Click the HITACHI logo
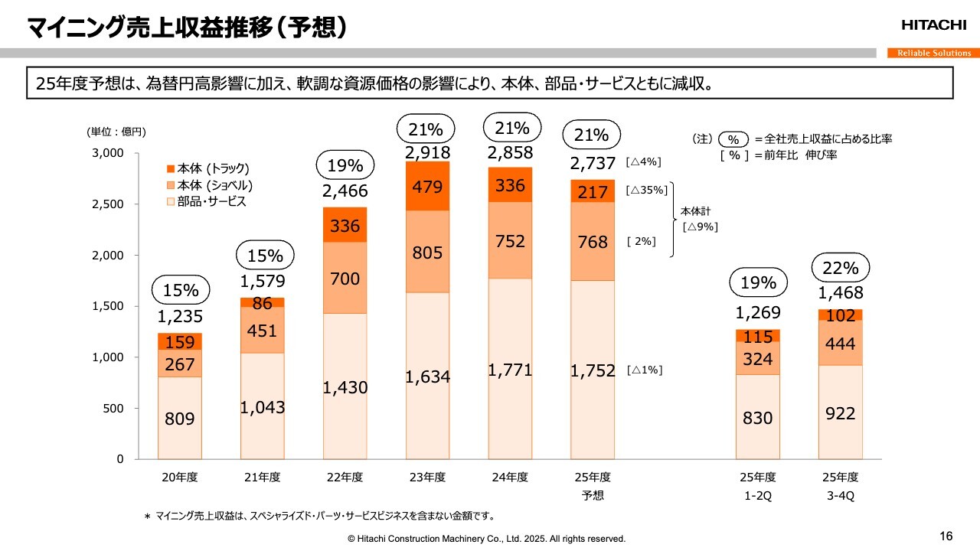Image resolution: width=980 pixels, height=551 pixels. pos(933,25)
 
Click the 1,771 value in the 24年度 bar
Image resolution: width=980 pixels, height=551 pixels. pos(510,370)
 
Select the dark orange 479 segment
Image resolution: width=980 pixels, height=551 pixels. pos(427,186)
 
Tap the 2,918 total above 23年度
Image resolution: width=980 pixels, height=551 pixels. pos(427,153)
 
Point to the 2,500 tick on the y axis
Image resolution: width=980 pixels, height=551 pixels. pos(108,204)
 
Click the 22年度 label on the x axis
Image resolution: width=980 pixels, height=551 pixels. pos(345,477)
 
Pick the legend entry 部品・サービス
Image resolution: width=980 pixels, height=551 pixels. pos(206,202)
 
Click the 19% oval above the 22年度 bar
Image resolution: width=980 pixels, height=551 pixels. pos(345,165)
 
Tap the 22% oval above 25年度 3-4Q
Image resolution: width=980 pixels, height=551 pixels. pos(840,269)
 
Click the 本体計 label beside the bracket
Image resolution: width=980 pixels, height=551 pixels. pos(695,210)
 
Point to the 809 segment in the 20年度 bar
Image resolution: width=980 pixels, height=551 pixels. pos(180,419)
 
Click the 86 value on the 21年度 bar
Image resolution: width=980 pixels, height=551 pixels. pos(263,303)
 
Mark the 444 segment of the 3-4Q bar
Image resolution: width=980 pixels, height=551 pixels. pos(840,345)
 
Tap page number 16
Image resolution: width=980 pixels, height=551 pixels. pos(946,535)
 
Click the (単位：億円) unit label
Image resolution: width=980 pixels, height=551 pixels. pos(116,132)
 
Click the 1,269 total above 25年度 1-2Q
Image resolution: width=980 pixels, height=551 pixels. pos(758,312)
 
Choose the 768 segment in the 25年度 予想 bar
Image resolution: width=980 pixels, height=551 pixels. pos(593,242)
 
